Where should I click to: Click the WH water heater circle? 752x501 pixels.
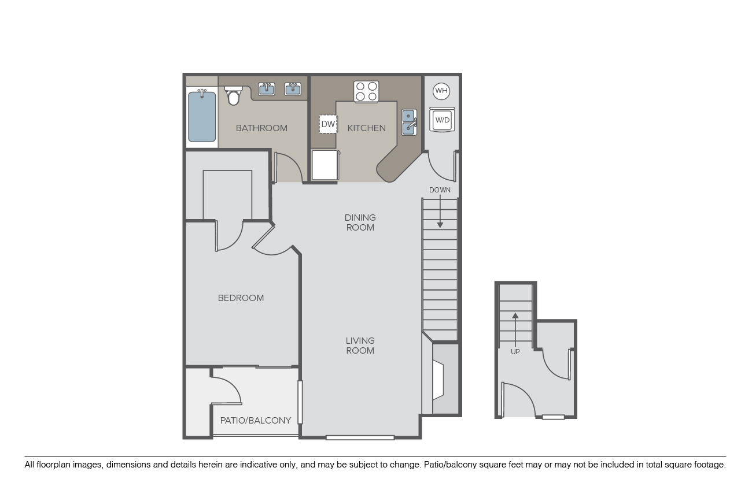click(x=441, y=91)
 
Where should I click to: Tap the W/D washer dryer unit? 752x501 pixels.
click(x=442, y=120)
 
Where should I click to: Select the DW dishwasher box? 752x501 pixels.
click(x=328, y=124)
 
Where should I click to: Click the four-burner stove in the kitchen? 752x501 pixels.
click(x=366, y=91)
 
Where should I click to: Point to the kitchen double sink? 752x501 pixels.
click(x=409, y=123)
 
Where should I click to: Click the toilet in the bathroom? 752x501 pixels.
click(x=233, y=95)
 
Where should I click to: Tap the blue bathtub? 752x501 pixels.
click(x=202, y=116)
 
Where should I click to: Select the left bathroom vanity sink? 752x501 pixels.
click(x=267, y=89)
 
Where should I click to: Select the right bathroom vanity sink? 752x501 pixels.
click(x=293, y=89)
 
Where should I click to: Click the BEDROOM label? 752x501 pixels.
click(x=241, y=298)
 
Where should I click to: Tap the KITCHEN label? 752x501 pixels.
click(x=366, y=128)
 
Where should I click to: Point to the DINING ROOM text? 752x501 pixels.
click(x=360, y=222)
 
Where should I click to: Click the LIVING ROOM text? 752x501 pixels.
click(x=360, y=346)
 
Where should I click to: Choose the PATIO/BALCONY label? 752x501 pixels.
click(x=256, y=420)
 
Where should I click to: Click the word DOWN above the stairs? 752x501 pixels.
click(x=440, y=190)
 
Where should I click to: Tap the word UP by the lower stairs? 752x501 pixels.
click(x=515, y=352)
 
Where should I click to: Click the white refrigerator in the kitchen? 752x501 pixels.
click(x=325, y=165)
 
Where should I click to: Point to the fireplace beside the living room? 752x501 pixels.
click(x=438, y=380)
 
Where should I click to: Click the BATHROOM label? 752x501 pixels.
click(x=261, y=128)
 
